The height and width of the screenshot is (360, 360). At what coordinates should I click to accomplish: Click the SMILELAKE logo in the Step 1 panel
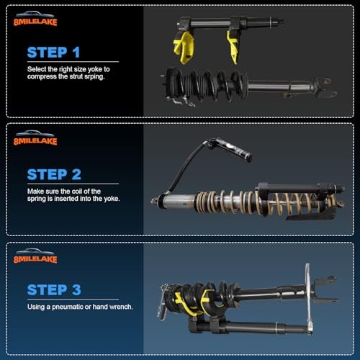click(x=35, y=19)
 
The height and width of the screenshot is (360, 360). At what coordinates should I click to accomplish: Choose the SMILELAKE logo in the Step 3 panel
click(x=35, y=256)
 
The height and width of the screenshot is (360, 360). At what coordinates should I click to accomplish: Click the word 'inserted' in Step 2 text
click(x=75, y=199)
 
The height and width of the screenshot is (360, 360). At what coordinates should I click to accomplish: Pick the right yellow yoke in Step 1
click(x=235, y=45)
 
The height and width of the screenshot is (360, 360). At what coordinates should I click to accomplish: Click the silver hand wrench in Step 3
click(x=309, y=299)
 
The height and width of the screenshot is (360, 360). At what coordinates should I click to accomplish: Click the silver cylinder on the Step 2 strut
click(x=176, y=200)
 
